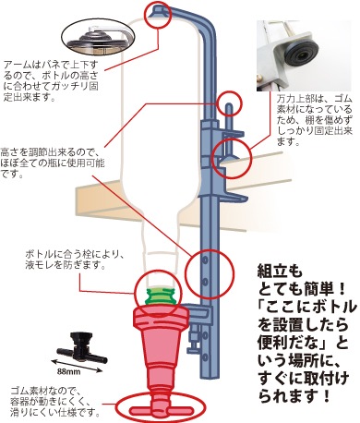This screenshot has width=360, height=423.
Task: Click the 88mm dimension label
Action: pyautogui.click(x=68, y=371)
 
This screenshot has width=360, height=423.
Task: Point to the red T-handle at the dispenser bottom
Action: pyautogui.click(x=162, y=409)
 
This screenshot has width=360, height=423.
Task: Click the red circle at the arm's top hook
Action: pyautogui.click(x=158, y=15)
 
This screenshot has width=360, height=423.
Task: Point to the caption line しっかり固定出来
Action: pyautogui.click(x=315, y=130)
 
